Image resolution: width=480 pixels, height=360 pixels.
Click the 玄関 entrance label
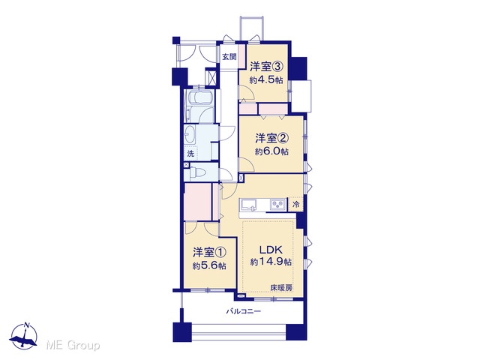pyautogui.click(x=229, y=57)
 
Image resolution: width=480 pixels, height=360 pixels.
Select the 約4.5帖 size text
pyautogui.click(x=266, y=80)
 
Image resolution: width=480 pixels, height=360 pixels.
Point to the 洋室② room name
pyautogui.click(x=272, y=138)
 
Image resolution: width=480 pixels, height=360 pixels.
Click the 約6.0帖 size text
pyautogui.click(x=271, y=151)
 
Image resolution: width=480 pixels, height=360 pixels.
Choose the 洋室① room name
pyautogui.click(x=209, y=253)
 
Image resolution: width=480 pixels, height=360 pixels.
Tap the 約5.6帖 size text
pyautogui.click(x=209, y=266)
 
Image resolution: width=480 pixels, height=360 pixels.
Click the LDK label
pyautogui.click(x=271, y=250)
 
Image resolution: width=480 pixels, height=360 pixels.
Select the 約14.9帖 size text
pyautogui.click(x=271, y=262)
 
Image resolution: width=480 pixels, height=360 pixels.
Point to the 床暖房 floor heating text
pyautogui.click(x=281, y=288)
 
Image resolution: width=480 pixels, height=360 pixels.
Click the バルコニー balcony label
pyautogui.click(x=243, y=312)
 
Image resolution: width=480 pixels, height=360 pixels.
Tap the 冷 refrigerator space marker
pyautogui.click(x=296, y=204)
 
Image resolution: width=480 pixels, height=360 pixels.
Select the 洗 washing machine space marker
pyautogui.click(x=190, y=154)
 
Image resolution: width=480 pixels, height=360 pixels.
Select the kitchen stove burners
pyautogui.click(x=278, y=204)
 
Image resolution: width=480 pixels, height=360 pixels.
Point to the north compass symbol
pyautogui.click(x=23, y=336)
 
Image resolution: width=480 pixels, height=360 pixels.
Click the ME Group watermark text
pyautogui.click(x=73, y=345)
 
